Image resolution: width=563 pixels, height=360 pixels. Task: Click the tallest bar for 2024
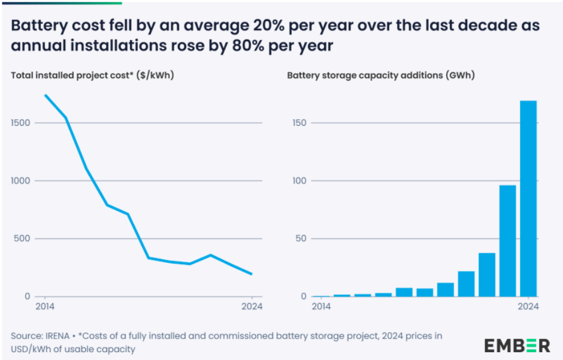click(528, 198)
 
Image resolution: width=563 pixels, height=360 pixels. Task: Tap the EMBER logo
click(517, 345)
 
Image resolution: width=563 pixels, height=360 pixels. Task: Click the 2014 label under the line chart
click(45, 307)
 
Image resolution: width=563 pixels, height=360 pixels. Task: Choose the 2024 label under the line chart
click(252, 307)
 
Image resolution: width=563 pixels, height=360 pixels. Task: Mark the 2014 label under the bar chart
click(322, 307)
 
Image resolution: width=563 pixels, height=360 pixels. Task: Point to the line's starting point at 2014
click(46, 95)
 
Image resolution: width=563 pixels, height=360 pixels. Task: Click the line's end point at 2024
click(252, 274)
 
